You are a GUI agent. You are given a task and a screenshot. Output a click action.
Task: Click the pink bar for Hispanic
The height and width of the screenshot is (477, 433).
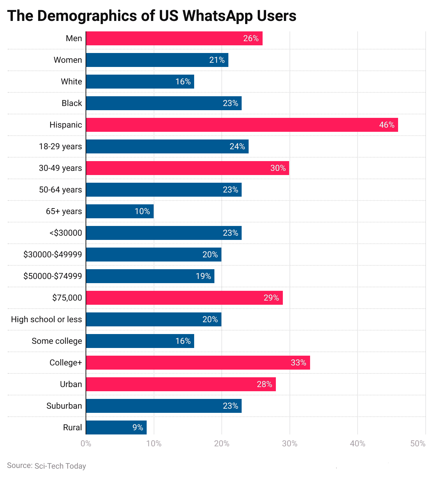(x=242, y=125)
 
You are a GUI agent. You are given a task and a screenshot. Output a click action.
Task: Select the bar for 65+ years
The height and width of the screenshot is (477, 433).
(x=120, y=211)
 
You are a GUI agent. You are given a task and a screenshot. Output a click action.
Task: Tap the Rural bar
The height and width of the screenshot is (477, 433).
(x=116, y=427)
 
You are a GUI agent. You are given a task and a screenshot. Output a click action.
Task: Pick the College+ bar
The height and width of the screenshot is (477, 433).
(x=198, y=363)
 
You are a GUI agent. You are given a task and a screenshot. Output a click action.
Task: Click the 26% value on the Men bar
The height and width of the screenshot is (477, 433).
(x=251, y=38)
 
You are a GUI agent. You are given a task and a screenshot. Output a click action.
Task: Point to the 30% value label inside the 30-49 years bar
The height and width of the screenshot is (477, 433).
(x=278, y=168)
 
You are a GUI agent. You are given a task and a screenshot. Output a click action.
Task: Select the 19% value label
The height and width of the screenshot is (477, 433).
(x=203, y=276)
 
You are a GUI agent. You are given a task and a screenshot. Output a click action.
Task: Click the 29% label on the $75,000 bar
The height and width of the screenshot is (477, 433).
(x=271, y=298)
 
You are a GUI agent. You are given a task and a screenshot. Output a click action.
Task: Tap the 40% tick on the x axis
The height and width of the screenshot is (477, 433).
(x=358, y=444)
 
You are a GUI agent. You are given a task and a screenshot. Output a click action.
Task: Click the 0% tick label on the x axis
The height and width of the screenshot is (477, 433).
(x=86, y=444)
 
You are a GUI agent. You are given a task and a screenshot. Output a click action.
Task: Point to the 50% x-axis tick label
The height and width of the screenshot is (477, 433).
(x=418, y=444)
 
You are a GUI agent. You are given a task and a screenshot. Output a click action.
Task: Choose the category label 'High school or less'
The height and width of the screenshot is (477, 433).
(x=46, y=319)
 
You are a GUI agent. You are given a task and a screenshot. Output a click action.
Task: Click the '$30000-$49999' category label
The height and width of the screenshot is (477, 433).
(x=53, y=255)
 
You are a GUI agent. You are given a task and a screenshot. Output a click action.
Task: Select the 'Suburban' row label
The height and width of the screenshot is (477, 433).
(x=64, y=406)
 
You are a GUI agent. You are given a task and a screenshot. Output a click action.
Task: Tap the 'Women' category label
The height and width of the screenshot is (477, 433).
(x=68, y=60)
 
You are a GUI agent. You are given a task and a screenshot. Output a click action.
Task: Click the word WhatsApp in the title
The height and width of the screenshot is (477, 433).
(x=215, y=16)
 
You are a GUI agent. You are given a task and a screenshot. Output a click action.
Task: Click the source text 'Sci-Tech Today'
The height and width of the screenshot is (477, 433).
(x=60, y=466)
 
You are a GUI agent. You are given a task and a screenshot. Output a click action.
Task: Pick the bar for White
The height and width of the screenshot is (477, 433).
(x=140, y=82)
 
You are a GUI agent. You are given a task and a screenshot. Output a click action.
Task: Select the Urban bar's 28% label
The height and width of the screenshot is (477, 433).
(x=264, y=384)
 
